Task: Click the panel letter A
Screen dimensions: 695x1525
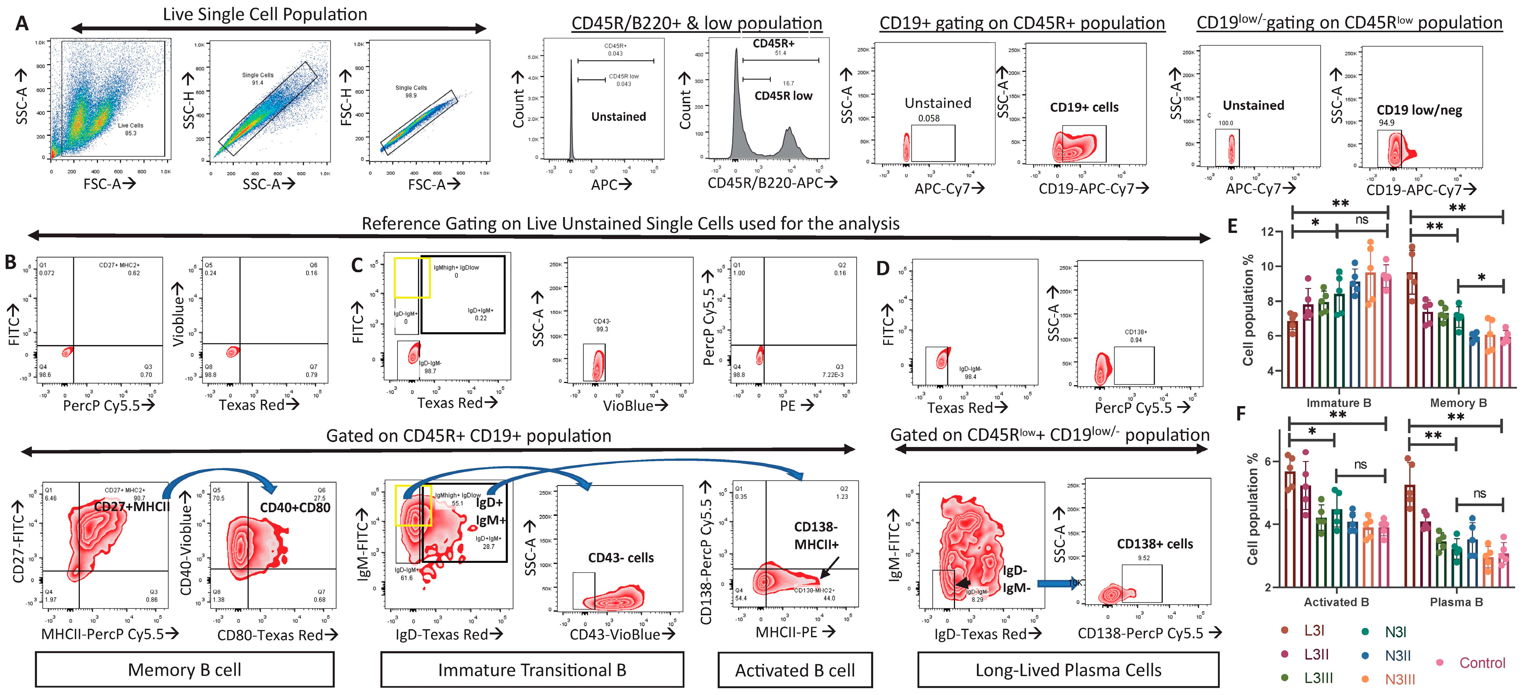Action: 22,23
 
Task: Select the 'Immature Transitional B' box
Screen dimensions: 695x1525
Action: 532,670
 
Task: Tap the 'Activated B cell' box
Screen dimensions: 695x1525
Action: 795,670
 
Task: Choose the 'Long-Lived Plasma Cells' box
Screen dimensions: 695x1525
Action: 1068,670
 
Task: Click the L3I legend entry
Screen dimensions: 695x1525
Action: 1314,630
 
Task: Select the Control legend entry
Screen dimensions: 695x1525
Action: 1481,662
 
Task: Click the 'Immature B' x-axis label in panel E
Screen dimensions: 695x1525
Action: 1338,403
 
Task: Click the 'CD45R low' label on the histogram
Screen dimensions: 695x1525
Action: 783,96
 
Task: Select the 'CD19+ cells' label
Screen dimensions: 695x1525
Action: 1084,107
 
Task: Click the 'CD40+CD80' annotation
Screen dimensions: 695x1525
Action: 295,508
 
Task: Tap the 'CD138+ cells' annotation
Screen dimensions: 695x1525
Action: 1155,544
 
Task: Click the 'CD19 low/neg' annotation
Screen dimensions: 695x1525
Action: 1419,110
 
